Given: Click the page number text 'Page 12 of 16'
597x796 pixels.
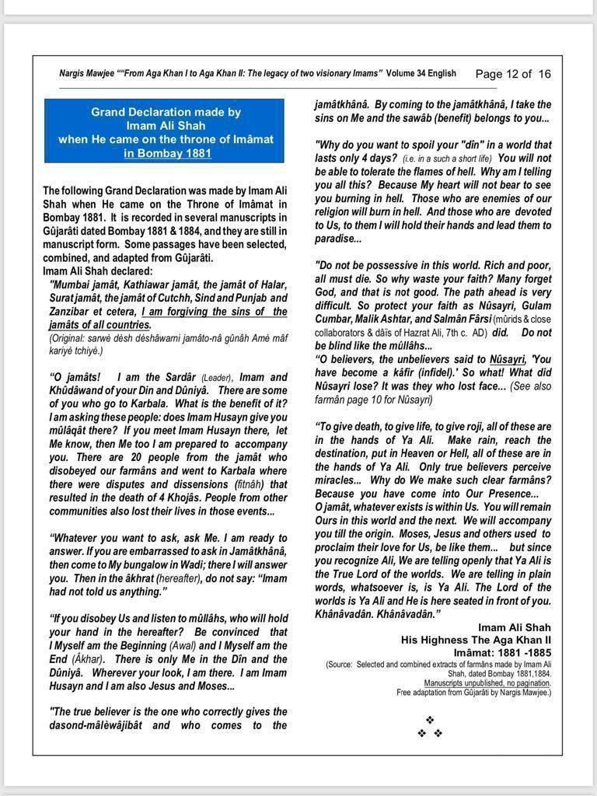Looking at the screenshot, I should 512,74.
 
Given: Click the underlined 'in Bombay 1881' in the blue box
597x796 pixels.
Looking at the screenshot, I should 167,153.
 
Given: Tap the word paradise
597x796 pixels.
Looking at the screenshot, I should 335,239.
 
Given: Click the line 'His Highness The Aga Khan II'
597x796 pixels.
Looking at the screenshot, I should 476,640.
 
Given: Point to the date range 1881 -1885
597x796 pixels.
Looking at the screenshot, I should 516,653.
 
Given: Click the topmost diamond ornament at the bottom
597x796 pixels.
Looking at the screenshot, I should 430,721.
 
